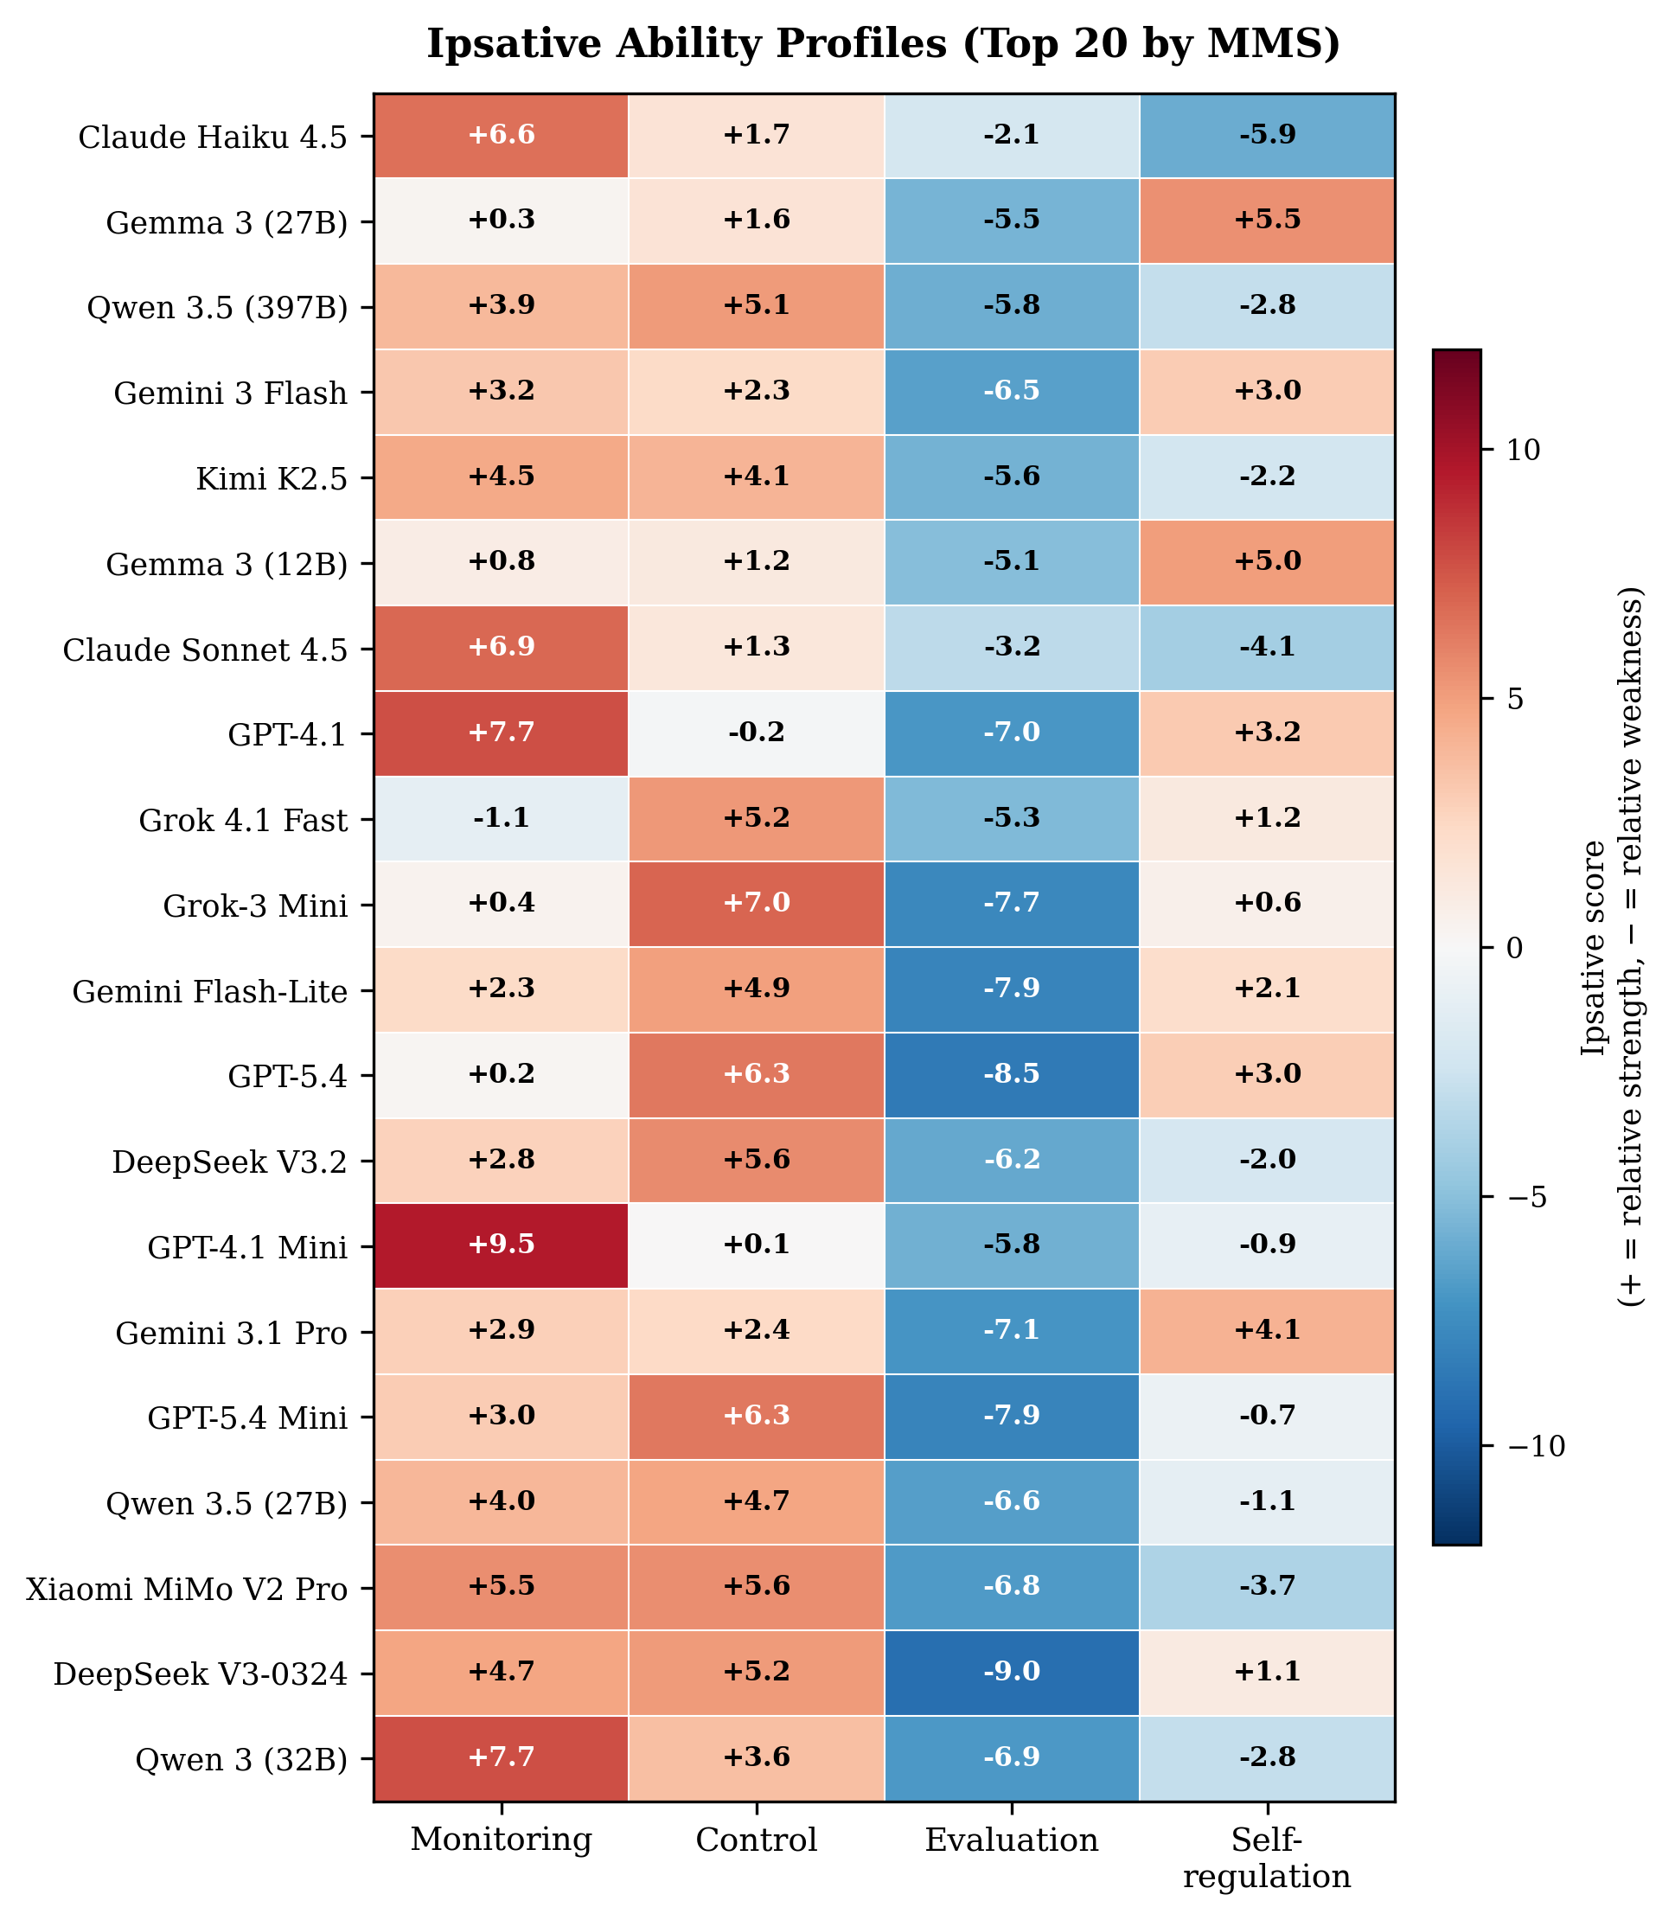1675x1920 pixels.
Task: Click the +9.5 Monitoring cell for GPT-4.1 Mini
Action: (x=501, y=1245)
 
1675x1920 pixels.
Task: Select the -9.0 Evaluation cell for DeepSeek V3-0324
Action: (x=1012, y=1672)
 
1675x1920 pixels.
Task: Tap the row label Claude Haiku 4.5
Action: (x=212, y=138)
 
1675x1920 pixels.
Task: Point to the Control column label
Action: (x=756, y=1840)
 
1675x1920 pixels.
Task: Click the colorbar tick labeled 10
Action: (x=1521, y=450)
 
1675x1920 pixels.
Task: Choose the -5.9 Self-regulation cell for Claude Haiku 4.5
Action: (x=1267, y=136)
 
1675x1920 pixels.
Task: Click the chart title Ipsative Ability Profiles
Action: (x=883, y=45)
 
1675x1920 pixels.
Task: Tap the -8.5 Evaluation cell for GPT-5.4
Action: (x=1012, y=1074)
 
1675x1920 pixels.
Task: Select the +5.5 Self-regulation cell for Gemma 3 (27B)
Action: (x=1267, y=221)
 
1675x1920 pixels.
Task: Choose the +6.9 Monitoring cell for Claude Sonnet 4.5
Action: (x=501, y=648)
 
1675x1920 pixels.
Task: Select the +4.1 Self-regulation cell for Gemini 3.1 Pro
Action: (x=1267, y=1330)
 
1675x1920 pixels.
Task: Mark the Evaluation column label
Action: (x=1012, y=1840)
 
